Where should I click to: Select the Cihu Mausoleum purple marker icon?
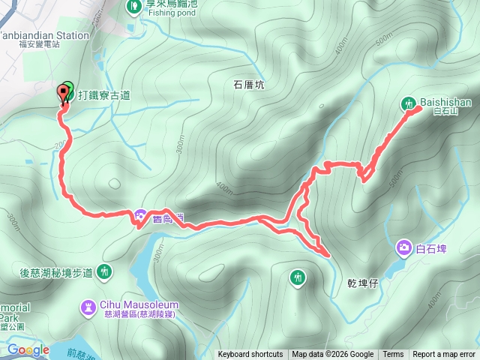(x=88, y=307)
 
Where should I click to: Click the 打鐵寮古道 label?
(x=103, y=95)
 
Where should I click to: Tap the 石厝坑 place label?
(x=249, y=85)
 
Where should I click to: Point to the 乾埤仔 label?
(x=362, y=283)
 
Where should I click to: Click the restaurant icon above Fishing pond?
(x=133, y=7)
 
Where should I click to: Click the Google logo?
(x=28, y=349)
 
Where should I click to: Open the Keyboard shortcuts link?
(x=250, y=355)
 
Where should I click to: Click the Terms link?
(x=393, y=355)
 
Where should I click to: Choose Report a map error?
(x=444, y=355)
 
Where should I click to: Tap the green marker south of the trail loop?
(x=298, y=278)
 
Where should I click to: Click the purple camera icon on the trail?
(x=141, y=217)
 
